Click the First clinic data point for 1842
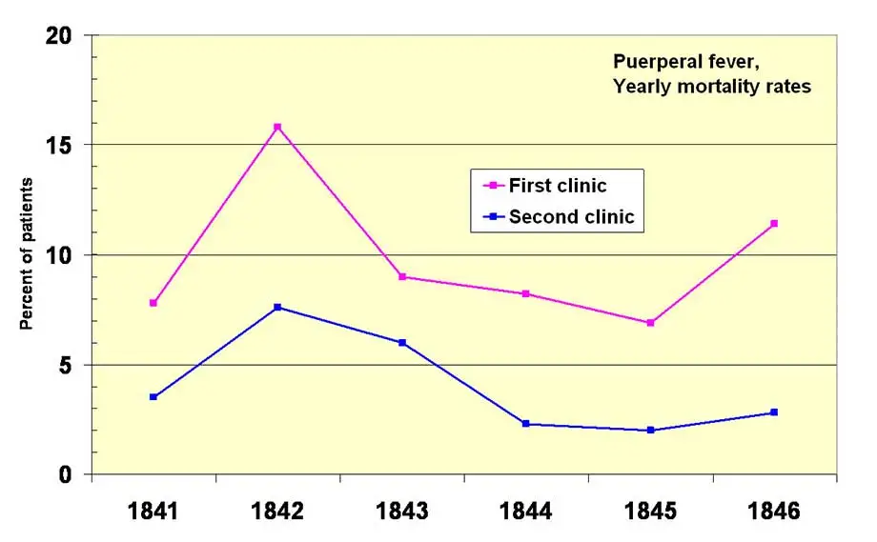tap(277, 127)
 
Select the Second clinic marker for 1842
tap(277, 307)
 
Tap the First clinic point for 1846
tap(774, 224)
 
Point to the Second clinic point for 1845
tap(650, 431)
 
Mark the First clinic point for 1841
tap(153, 303)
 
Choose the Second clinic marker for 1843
tap(402, 343)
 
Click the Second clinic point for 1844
tap(526, 424)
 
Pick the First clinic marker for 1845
tap(650, 323)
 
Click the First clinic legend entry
tap(557, 186)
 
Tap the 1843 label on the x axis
tap(402, 511)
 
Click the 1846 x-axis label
tap(774, 511)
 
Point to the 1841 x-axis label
tap(153, 511)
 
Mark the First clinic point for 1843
tap(402, 277)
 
